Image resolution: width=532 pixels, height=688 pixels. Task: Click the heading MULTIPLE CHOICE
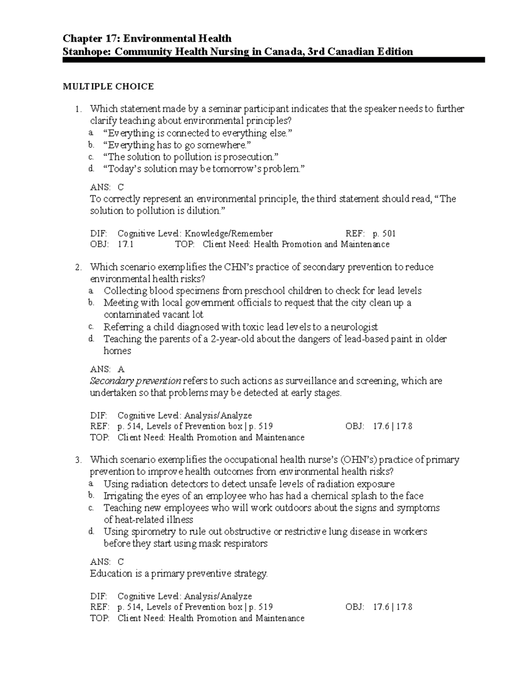coord(108,86)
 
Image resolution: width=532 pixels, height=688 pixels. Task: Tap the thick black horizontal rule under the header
coord(274,60)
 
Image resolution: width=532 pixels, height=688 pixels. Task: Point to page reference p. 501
coord(384,233)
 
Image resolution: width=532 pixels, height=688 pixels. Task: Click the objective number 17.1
coord(125,244)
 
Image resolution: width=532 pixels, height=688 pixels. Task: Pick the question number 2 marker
coord(78,268)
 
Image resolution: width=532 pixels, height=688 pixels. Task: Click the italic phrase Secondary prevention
coord(135,381)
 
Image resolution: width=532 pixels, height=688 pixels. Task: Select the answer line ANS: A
coord(107,369)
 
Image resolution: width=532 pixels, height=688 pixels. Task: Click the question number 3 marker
coord(78,460)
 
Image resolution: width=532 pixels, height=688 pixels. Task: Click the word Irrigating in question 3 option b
coord(123,496)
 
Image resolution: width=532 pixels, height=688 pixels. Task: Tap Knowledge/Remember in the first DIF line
coord(228,233)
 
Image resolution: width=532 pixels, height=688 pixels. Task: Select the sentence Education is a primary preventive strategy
coord(179,574)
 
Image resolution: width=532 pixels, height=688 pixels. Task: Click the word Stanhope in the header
coord(87,52)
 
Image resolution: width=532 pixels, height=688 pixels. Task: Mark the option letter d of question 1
coord(91,169)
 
